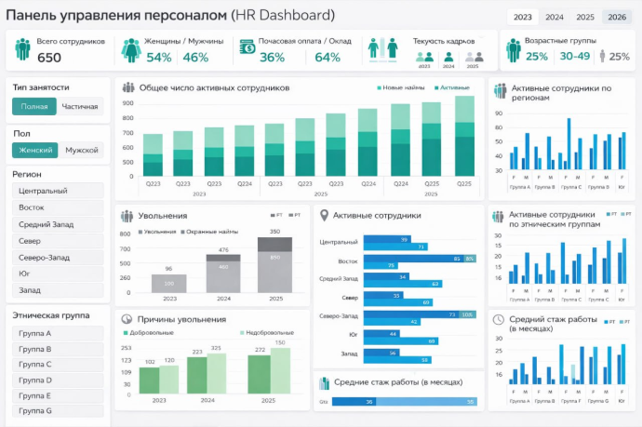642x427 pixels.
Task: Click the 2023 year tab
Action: [523, 17]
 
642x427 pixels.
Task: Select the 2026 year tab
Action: [615, 17]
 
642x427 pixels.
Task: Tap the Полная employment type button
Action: [34, 106]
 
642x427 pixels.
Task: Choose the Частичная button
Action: [80, 106]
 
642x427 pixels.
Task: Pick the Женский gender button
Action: [36, 150]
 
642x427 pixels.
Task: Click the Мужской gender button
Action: [82, 150]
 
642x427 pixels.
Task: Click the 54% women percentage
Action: [159, 58]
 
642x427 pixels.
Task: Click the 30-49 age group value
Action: [574, 57]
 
